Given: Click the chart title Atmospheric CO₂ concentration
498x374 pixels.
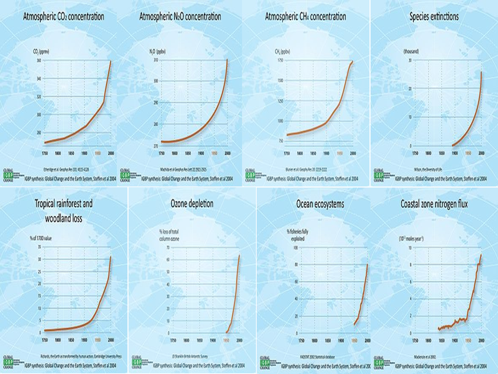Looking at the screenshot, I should coord(63,17).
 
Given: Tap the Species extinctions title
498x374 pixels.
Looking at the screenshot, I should coord(434,17).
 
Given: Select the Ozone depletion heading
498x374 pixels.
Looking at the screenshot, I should coord(192,204).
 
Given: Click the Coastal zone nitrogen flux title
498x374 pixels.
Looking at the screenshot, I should coord(434,204).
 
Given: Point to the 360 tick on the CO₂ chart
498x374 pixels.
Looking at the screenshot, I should coord(39,60).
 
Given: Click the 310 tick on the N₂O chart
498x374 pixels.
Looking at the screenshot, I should coord(156,60).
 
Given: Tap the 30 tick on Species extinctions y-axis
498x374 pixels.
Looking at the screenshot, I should coord(410,60).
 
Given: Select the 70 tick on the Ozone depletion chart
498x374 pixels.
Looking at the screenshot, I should coord(168,247).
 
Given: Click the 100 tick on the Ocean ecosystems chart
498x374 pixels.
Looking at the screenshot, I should coord(295,248).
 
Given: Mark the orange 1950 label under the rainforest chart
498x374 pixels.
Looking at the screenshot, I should coord(98,340).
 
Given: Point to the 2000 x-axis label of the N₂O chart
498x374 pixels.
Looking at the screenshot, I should coord(227,153).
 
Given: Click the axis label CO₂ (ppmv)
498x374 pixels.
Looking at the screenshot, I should coord(41,52).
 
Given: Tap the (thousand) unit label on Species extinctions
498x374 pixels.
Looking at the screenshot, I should coord(411,52).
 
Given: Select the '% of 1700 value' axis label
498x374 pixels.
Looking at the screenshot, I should coord(41,238).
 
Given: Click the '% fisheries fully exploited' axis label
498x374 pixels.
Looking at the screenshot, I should coord(297,235).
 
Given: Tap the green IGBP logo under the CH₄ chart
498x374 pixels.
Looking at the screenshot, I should coord(250,176).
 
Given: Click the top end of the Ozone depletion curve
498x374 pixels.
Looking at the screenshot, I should coord(239,255).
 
